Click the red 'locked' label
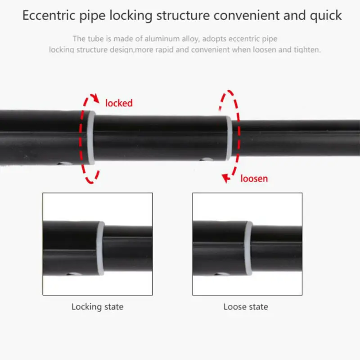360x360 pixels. point(119,103)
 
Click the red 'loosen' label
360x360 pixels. point(254,179)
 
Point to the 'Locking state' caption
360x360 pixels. point(97,307)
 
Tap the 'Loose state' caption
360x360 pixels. point(246,307)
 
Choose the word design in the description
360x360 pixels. point(122,50)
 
